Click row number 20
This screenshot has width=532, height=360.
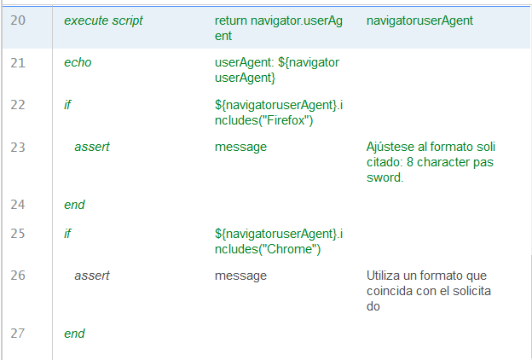[x=18, y=19]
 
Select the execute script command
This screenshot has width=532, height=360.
[x=103, y=19]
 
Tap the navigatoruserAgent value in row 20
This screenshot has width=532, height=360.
[x=419, y=19]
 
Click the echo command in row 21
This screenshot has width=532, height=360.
[x=78, y=62]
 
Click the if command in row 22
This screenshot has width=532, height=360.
[x=67, y=104]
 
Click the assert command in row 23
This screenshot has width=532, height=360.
[x=91, y=147]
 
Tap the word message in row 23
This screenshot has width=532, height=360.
[x=240, y=147]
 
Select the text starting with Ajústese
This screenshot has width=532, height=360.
[x=431, y=162]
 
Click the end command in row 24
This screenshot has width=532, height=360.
[x=74, y=205]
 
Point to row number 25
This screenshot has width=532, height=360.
[x=18, y=233]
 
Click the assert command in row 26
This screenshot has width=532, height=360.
[x=91, y=276]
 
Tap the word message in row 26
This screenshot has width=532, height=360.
[x=240, y=276]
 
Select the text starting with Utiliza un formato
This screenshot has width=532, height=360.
[x=431, y=291]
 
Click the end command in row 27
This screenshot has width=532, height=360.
[x=74, y=334]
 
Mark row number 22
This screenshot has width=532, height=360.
[x=18, y=104]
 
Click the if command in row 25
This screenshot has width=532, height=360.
[x=67, y=233]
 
